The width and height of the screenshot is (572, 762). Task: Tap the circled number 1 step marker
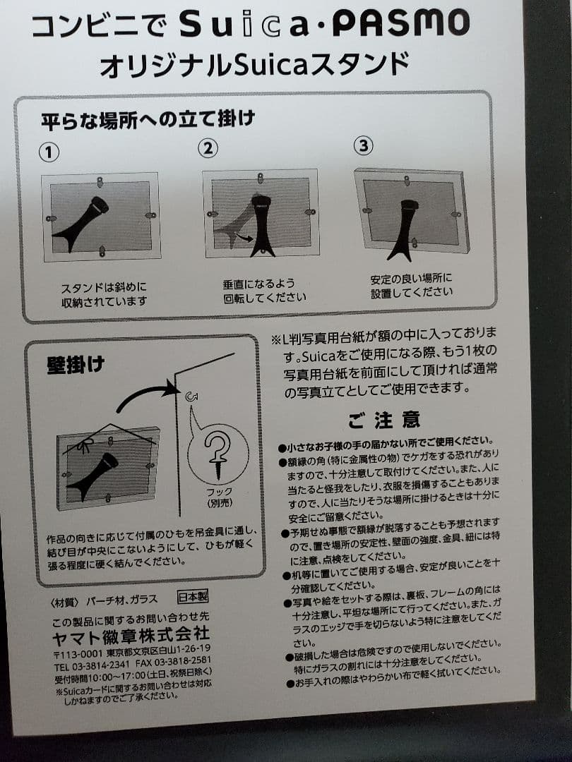[x=49, y=152]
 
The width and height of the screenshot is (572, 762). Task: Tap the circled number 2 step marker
[x=207, y=148]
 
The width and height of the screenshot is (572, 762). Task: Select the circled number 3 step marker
[x=363, y=145]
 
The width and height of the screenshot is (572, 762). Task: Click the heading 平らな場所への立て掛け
[x=147, y=119]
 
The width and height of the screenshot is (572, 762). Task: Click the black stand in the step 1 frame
[x=83, y=224]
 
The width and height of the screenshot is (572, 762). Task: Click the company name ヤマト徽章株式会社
[x=131, y=633]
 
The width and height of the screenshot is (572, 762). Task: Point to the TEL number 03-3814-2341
[x=92, y=665]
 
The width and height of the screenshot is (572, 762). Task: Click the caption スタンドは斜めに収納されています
[x=105, y=295]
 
